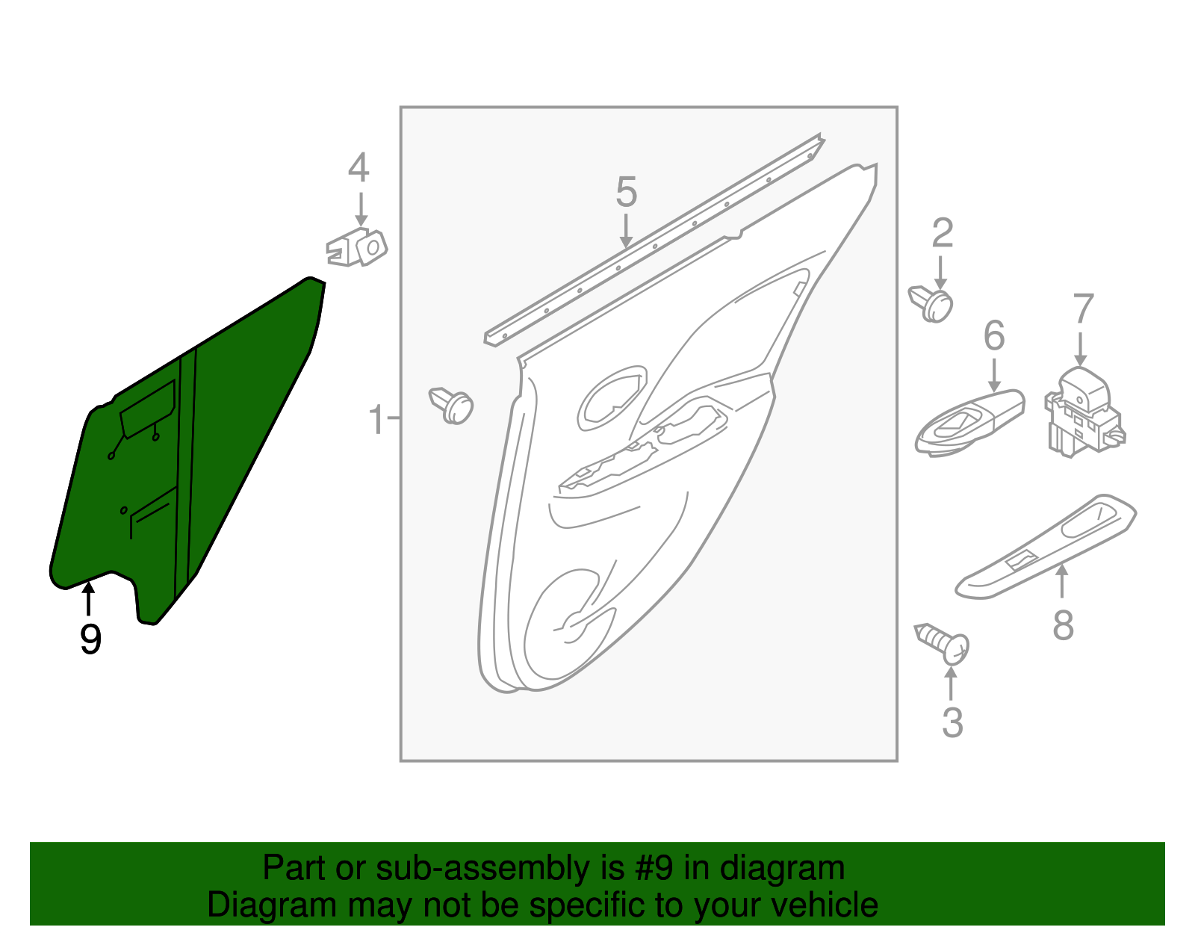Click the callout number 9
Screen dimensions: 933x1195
(x=90, y=639)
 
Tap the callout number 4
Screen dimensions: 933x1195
(x=358, y=168)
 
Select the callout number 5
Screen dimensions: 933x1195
(x=626, y=192)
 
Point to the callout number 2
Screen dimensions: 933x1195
(x=943, y=234)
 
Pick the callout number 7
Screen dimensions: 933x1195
(x=1083, y=309)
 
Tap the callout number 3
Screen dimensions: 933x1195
(x=952, y=722)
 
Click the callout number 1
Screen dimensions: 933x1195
(x=376, y=420)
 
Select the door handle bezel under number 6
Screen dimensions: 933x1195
(x=969, y=423)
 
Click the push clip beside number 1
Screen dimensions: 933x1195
(x=452, y=406)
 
